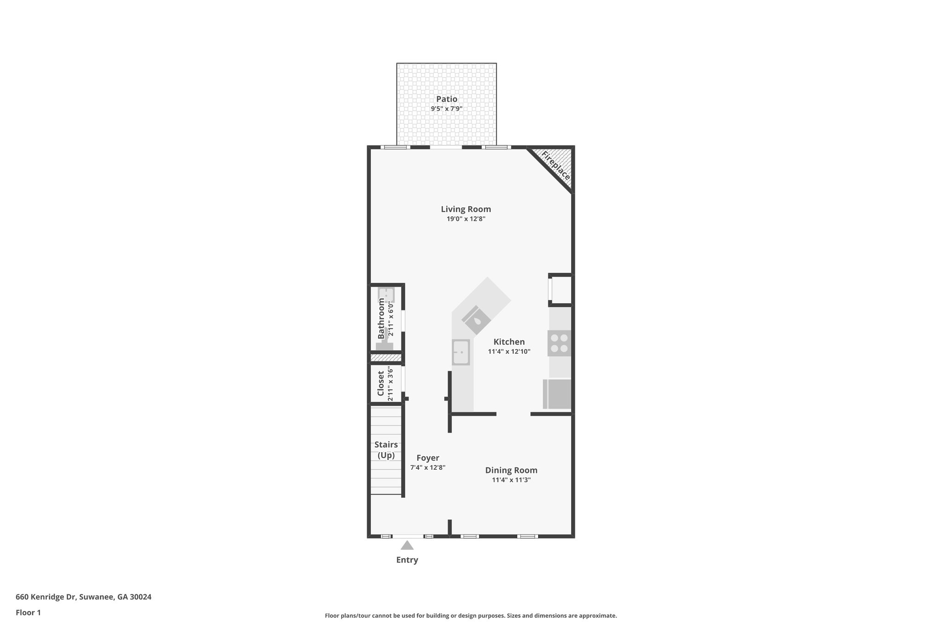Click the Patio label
(x=447, y=99)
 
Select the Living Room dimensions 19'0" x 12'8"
(x=466, y=219)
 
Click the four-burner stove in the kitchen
(x=559, y=343)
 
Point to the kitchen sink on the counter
(x=460, y=352)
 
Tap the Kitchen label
(x=509, y=342)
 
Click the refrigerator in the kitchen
(x=557, y=394)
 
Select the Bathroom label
(x=381, y=318)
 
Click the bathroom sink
(x=386, y=294)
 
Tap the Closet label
(x=381, y=383)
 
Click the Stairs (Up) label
(x=386, y=450)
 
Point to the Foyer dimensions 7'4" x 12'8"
(x=428, y=467)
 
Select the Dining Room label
(x=511, y=470)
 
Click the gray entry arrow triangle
(x=407, y=546)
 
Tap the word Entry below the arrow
(x=407, y=560)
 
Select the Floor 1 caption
(x=28, y=612)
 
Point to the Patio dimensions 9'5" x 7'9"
(x=447, y=109)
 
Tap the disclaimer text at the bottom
(x=471, y=616)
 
